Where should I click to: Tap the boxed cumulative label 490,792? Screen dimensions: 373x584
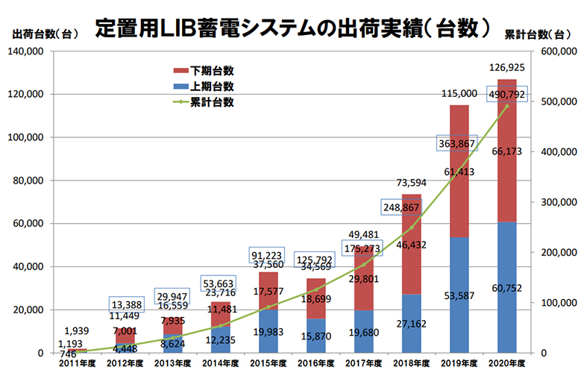(507, 94)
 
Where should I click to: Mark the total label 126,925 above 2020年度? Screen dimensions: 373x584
(507, 69)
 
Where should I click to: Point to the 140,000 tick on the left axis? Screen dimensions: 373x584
(26, 51)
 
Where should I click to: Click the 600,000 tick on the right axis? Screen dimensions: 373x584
(556, 51)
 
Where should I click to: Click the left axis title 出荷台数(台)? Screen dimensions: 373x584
(45, 33)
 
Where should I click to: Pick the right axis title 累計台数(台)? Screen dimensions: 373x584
(541, 33)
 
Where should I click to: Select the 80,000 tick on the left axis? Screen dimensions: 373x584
(29, 181)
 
